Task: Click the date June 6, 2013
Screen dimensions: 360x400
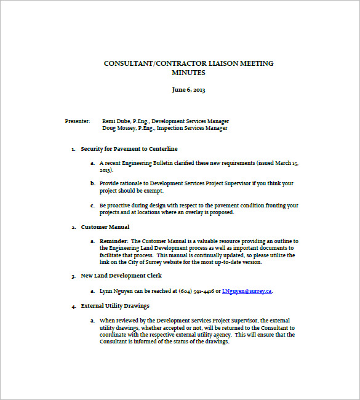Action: coord(188,90)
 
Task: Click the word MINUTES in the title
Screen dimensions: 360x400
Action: coord(188,73)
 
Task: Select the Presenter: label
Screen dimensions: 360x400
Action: coord(78,121)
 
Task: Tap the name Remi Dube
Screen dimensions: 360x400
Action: coord(116,121)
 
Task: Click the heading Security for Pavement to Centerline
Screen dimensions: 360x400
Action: coord(129,149)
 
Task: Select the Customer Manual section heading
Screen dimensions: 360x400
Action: coord(105,227)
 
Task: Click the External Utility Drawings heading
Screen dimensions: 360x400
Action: coord(115,306)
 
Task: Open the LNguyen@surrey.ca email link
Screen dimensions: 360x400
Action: coord(247,290)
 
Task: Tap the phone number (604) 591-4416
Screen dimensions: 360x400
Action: coord(196,290)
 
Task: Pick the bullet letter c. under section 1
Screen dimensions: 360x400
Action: coord(92,206)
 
